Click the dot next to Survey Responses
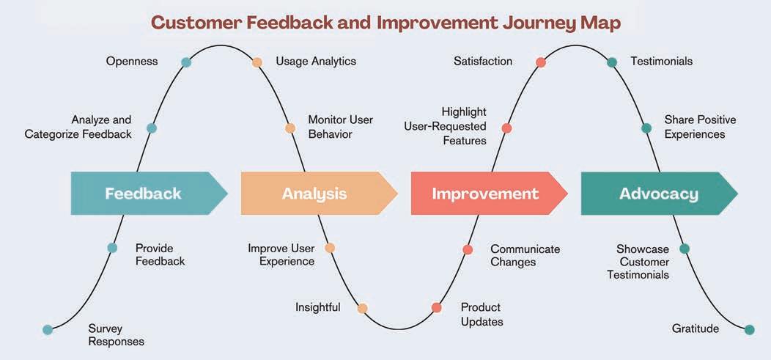coord(48,330)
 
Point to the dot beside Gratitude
coord(749,330)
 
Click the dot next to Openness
coord(186,62)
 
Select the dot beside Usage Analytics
coord(257,62)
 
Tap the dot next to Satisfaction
coord(541,62)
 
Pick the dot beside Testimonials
coord(612,62)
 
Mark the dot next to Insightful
coord(362,308)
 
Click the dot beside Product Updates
coord(437,308)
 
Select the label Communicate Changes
coord(525,255)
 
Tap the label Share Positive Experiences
coord(699,127)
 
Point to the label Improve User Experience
coord(281,255)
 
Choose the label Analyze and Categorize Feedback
coord(78,127)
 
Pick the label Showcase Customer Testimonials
coord(643,262)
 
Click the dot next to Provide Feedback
coord(112,248)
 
